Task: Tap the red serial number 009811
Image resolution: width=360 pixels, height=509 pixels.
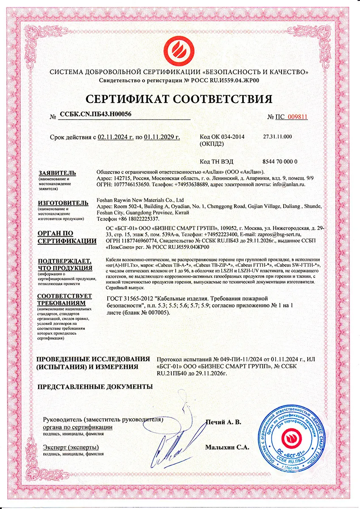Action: click(x=297, y=117)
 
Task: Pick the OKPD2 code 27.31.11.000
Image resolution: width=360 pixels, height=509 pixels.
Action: click(x=277, y=137)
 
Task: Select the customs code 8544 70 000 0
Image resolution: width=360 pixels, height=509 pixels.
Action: click(x=280, y=162)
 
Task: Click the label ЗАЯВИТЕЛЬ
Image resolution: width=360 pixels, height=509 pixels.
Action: click(x=57, y=173)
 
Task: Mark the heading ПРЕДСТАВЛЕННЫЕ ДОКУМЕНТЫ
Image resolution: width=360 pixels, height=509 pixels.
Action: click(x=95, y=386)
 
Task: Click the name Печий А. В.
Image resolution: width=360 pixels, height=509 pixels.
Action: click(x=223, y=422)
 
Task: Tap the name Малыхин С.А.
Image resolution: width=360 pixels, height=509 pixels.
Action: click(x=227, y=447)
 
